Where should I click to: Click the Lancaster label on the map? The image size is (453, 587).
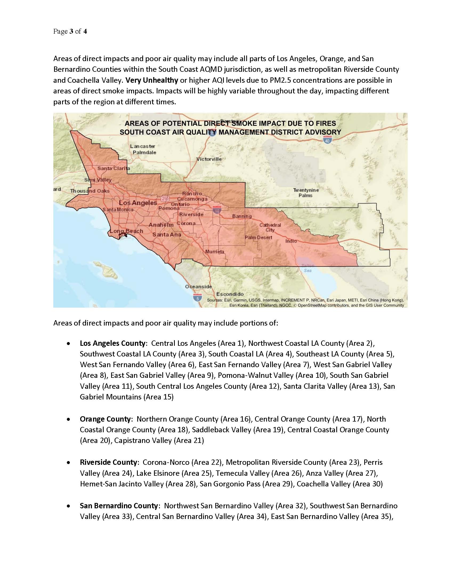click(143, 146)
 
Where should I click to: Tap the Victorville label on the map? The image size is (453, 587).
click(209, 159)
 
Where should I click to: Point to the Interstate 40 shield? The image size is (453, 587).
click(327, 140)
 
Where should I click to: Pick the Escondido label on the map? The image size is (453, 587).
click(230, 294)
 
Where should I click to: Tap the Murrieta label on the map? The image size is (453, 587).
click(215, 252)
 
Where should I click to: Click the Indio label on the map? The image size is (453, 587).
click(291, 241)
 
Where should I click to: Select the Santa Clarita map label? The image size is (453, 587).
click(114, 169)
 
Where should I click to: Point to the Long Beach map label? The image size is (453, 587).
click(126, 231)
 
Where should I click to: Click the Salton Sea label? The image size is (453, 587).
click(308, 268)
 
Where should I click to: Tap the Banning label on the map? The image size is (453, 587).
click(242, 216)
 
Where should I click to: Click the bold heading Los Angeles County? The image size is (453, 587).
click(113, 343)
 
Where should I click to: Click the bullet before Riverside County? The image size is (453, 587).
click(69, 463)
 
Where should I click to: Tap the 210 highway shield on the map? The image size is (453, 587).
click(165, 199)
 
